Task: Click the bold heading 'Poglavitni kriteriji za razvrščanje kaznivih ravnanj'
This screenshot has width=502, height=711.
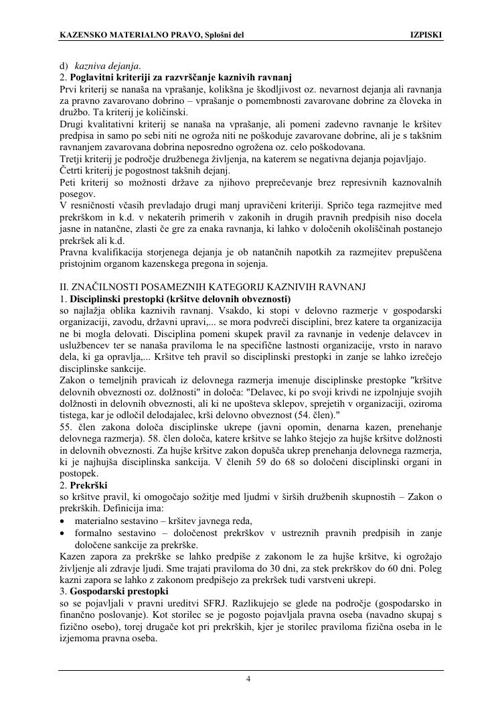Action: [x=175, y=78]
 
